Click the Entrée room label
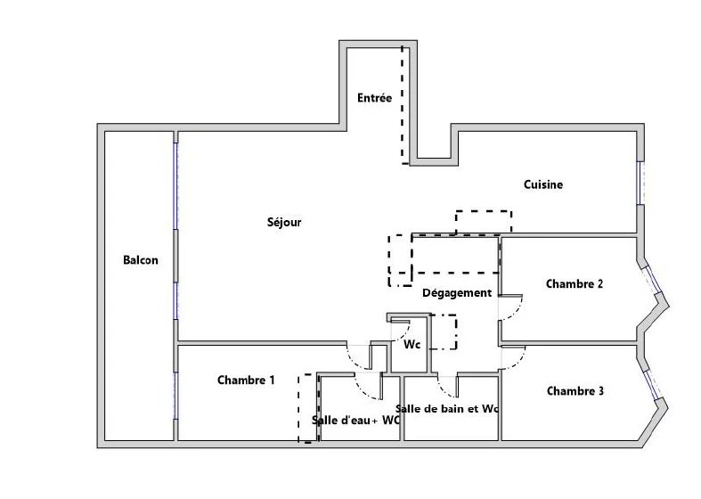click(375, 98)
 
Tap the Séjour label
click(284, 222)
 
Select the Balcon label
click(141, 260)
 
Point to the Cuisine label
click(543, 184)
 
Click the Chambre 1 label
click(246, 380)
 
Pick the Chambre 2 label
click(575, 284)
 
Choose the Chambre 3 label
click(575, 391)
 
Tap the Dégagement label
click(457, 293)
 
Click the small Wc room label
click(412, 345)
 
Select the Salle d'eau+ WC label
click(356, 421)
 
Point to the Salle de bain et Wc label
click(447, 409)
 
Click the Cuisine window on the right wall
click(640, 183)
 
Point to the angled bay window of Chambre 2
click(652, 280)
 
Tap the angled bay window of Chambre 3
click(653, 384)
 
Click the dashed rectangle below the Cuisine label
click(484, 222)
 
